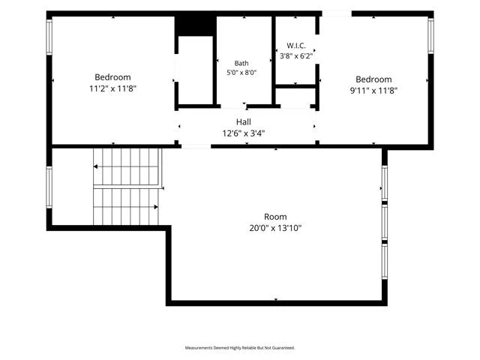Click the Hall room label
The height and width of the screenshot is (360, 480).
click(244, 121)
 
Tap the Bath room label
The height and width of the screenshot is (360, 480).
click(241, 63)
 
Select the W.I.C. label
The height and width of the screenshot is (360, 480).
click(296, 46)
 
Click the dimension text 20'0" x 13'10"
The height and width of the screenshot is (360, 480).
click(275, 228)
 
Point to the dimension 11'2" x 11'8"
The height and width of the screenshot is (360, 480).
click(112, 88)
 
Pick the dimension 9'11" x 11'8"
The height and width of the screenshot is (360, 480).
click(373, 91)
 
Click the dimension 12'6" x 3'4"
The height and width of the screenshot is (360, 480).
click(244, 133)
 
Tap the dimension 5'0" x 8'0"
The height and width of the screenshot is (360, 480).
click(241, 73)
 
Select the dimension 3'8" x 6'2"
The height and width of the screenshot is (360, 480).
click(296, 56)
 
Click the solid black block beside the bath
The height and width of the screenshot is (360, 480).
click(196, 26)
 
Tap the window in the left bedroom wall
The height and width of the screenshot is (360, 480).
click(49, 37)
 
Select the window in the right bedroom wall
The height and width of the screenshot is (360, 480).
click(430, 36)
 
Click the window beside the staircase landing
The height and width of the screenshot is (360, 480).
click(49, 187)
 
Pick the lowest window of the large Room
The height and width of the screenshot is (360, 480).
click(385, 262)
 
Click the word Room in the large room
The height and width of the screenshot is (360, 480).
click(275, 217)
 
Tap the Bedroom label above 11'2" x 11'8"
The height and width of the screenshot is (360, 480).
click(112, 77)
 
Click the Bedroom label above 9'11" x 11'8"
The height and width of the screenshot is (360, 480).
click(373, 79)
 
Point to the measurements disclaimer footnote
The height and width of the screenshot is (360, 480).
click(240, 348)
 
